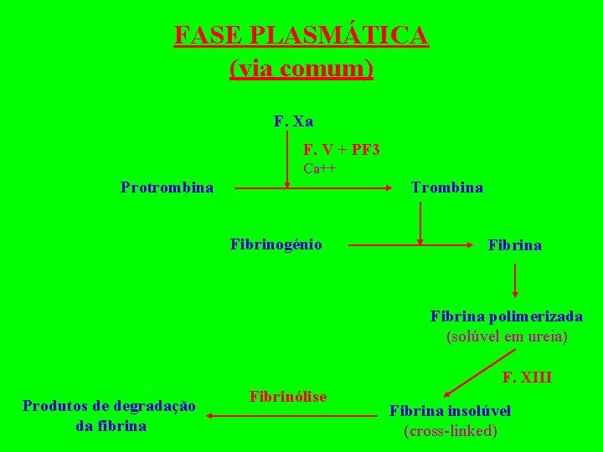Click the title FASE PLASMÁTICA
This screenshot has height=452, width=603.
[x=301, y=36]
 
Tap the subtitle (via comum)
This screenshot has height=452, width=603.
[x=301, y=69]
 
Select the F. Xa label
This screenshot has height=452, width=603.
[x=293, y=121]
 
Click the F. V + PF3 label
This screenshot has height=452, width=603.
[x=341, y=150]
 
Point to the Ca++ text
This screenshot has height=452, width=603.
[x=319, y=168]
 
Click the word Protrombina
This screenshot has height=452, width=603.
[x=167, y=187]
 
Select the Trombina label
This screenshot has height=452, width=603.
[x=447, y=187]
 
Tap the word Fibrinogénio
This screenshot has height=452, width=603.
[x=276, y=244]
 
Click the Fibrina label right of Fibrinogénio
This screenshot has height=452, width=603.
[x=515, y=245]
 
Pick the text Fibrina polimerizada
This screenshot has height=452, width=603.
[x=507, y=316]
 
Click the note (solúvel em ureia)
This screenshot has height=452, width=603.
[x=507, y=336]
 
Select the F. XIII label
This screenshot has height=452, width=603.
[x=527, y=378]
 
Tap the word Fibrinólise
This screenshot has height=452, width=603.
[x=288, y=395]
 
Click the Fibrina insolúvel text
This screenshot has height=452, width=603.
[x=450, y=410]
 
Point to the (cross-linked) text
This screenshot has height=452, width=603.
[x=450, y=431]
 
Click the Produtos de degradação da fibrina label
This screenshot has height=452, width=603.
[x=110, y=415]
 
